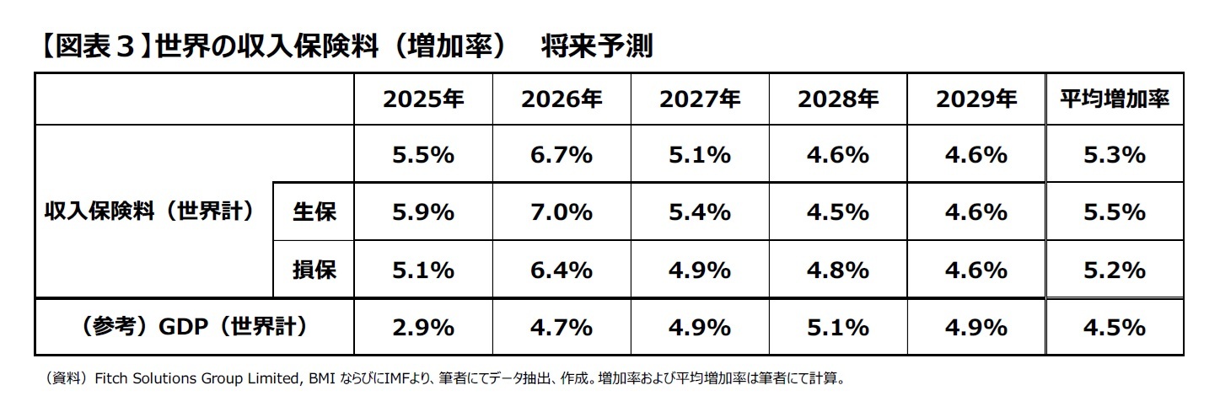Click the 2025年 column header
coord(423,99)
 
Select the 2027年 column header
coord(700,99)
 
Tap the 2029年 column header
coord(975,99)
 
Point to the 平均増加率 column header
coord(1114,99)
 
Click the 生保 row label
coord(314,212)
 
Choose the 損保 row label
coord(314,270)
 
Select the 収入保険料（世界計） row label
coord(149,211)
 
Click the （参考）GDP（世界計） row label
coord(193,327)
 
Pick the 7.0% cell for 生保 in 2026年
coord(562,212)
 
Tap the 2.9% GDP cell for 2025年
coord(423,327)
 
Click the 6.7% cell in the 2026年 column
coord(562,155)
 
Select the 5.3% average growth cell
coord(1114,155)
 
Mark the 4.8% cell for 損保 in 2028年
coord(837,270)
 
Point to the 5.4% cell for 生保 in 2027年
coord(700,212)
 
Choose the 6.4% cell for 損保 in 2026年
coord(562,270)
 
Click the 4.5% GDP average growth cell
coord(1114,327)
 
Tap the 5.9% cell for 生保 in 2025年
coord(423,212)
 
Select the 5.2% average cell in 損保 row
coord(1114,270)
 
